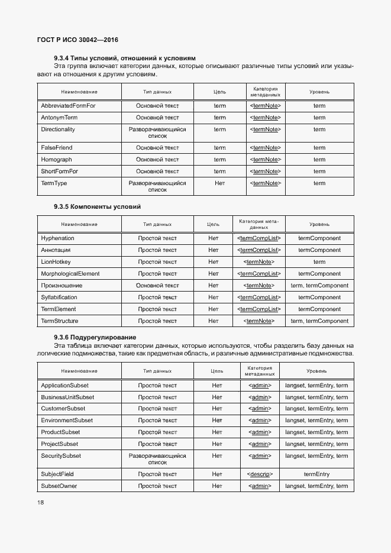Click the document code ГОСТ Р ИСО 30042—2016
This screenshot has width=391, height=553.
click(77, 40)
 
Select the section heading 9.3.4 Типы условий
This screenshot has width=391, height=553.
click(124, 58)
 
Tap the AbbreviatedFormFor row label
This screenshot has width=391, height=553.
click(68, 106)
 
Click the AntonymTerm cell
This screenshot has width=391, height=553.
click(59, 118)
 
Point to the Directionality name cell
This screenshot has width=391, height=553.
click(58, 130)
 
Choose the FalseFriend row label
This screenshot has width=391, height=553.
click(57, 148)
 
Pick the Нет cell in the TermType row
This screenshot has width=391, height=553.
click(219, 183)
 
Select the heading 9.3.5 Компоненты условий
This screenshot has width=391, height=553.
click(97, 206)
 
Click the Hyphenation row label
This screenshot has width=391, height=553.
click(58, 238)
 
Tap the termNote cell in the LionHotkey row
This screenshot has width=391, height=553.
click(258, 262)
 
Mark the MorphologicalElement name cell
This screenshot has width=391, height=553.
click(70, 274)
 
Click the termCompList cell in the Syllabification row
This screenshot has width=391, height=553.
click(258, 297)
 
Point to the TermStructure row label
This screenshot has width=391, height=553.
click(60, 321)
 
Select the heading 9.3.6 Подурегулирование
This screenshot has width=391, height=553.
click(95, 337)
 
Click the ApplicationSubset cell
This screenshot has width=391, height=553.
click(64, 386)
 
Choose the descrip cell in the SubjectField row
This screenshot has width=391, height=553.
click(259, 474)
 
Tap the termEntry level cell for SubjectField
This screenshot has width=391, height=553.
click(316, 474)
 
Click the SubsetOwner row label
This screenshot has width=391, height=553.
click(59, 486)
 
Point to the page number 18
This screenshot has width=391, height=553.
click(40, 503)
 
